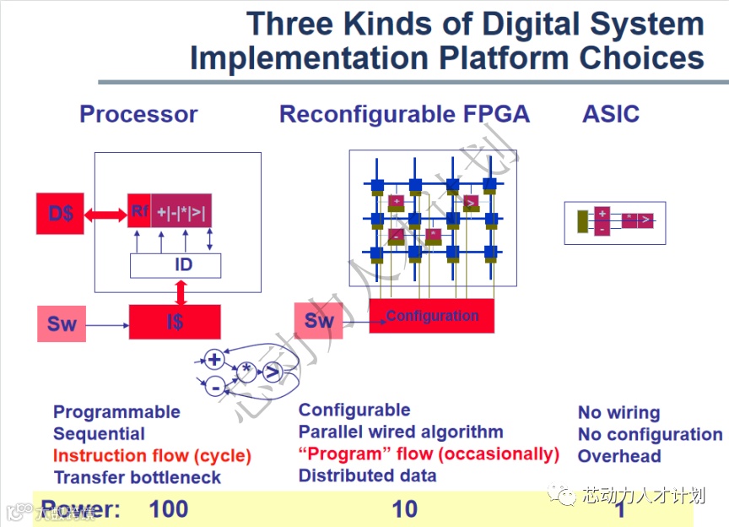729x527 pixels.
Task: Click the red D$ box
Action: click(x=61, y=214)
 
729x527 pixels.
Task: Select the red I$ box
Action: click(x=175, y=322)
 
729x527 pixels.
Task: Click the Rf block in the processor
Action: click(x=139, y=211)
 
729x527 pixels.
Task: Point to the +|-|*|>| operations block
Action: click(x=181, y=211)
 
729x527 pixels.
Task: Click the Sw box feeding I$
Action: click(x=62, y=324)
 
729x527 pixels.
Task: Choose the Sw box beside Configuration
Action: click(x=319, y=321)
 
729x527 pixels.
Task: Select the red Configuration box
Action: click(x=431, y=316)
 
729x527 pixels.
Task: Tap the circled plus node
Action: click(x=214, y=361)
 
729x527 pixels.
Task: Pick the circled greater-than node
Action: click(x=272, y=372)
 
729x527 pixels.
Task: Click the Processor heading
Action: click(x=138, y=114)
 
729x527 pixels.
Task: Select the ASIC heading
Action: click(x=611, y=114)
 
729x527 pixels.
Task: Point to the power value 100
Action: click(x=169, y=509)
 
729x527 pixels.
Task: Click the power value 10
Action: click(x=405, y=509)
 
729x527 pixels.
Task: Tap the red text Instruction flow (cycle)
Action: click(x=152, y=456)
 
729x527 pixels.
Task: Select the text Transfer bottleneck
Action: click(x=137, y=478)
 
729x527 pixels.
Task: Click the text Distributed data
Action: click(x=367, y=475)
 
